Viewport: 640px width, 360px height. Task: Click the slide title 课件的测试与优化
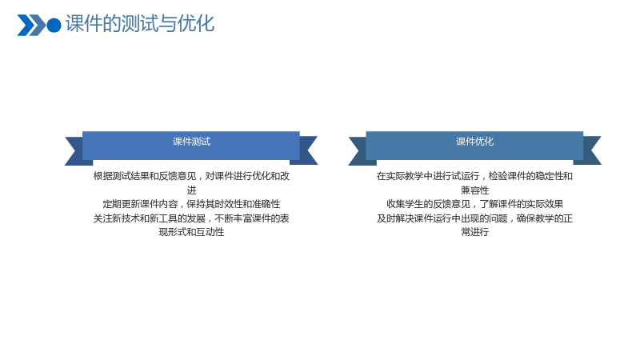click(x=139, y=24)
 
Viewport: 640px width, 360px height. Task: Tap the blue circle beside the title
click(x=54, y=26)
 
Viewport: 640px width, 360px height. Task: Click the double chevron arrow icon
click(x=31, y=26)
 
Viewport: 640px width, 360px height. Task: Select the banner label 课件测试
click(x=191, y=142)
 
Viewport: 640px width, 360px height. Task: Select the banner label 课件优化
click(x=474, y=142)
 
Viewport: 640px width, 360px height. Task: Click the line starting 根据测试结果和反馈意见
click(x=191, y=176)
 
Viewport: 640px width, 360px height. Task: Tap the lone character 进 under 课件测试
click(x=191, y=190)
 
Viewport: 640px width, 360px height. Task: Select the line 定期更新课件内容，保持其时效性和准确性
click(x=191, y=204)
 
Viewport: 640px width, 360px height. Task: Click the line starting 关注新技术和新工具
click(x=191, y=218)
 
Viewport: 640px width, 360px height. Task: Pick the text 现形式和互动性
click(x=191, y=232)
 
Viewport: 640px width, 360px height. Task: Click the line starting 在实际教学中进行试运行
click(x=474, y=176)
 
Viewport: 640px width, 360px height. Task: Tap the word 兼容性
click(x=474, y=190)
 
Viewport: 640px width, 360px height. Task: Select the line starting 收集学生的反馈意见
click(x=474, y=204)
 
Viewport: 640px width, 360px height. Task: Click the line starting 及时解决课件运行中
click(x=474, y=218)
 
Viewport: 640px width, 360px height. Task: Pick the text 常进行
click(x=474, y=232)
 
